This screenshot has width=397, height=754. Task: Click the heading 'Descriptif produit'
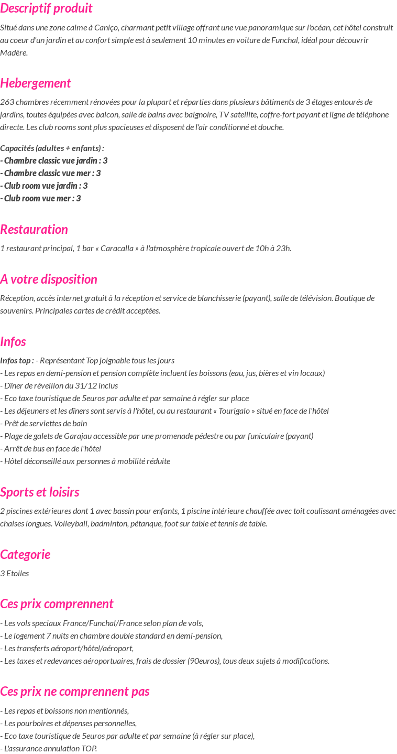pyautogui.click(x=46, y=8)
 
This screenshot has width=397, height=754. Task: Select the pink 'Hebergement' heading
pyautogui.click(x=36, y=83)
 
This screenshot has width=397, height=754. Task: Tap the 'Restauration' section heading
pyautogui.click(x=34, y=230)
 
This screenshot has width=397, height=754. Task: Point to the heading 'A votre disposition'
pyautogui.click(x=49, y=279)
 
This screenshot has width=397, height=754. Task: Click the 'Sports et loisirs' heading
pyautogui.click(x=40, y=492)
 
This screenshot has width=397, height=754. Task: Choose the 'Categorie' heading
pyautogui.click(x=25, y=555)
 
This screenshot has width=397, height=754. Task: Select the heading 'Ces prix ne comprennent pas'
pyautogui.click(x=75, y=692)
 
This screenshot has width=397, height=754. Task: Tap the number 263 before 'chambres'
pyautogui.click(x=7, y=102)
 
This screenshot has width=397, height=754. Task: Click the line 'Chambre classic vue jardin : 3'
pyautogui.click(x=54, y=161)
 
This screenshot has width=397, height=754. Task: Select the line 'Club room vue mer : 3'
pyautogui.click(x=41, y=199)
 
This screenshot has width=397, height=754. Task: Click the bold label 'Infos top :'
pyautogui.click(x=17, y=361)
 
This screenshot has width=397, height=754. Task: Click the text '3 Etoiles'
pyautogui.click(x=15, y=574)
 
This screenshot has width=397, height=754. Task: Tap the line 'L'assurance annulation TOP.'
pyautogui.click(x=49, y=749)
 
